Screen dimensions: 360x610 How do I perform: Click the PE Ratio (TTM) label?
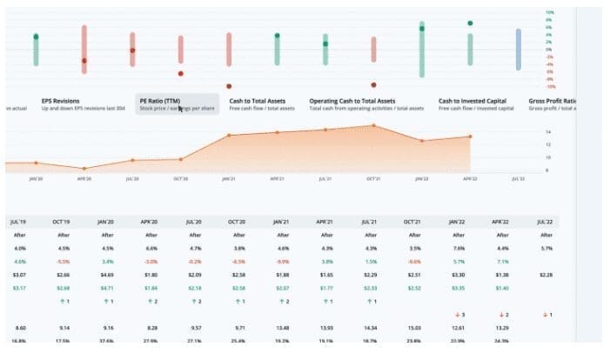pos(159,100)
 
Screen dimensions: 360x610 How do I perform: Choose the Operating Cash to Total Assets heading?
pos(352,100)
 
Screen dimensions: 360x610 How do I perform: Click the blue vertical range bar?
pos(518,50)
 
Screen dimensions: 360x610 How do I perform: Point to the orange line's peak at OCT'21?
pos(373,125)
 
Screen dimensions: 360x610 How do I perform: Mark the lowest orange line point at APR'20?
pos(84,169)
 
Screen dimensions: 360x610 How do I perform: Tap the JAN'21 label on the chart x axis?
pos(228,178)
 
